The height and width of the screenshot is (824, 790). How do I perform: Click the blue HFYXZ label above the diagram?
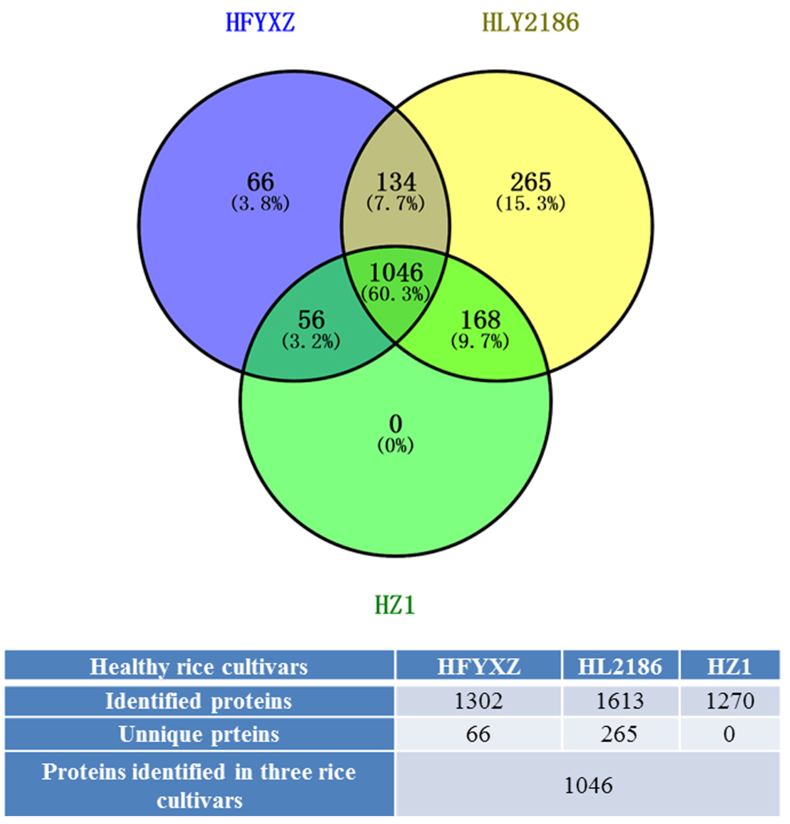pos(260,23)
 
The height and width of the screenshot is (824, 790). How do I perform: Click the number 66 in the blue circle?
pos(260,182)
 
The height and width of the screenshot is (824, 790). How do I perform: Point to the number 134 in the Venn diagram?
pos(396,182)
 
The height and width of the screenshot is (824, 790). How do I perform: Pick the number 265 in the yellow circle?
pos(530,182)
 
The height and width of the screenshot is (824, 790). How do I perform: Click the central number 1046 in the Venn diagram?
pos(396,272)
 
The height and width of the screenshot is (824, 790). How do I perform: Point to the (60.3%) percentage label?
pos(396,294)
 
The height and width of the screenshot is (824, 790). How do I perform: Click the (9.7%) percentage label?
pos(480,341)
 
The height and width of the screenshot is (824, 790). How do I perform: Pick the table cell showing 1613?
pos(620,701)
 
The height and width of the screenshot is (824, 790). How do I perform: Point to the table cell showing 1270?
pos(730,701)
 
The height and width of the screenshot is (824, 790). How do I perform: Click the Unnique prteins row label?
pos(199,734)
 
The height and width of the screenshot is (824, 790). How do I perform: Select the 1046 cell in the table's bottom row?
pos(588,785)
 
